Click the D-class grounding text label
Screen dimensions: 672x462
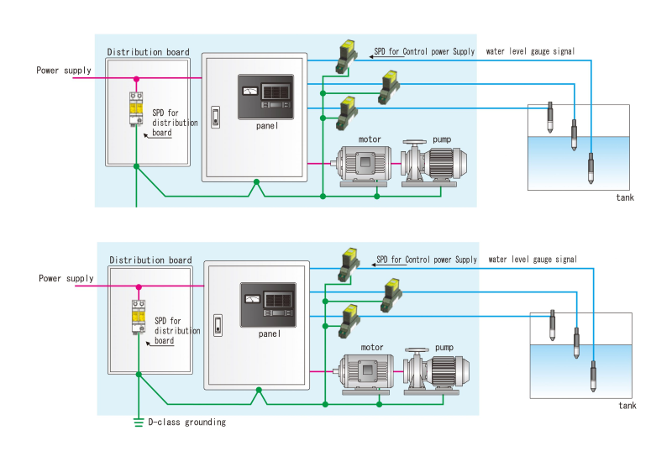[x=186, y=423]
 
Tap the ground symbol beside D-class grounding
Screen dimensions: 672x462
[x=139, y=423]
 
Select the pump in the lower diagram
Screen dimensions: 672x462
[x=436, y=370]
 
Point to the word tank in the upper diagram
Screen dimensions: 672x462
[x=625, y=197]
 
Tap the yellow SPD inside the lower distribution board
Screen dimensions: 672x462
[x=139, y=317]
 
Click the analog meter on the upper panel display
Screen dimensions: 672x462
[x=249, y=91]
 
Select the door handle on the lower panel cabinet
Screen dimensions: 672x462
[x=218, y=325]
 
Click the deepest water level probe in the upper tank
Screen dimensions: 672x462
[x=591, y=168]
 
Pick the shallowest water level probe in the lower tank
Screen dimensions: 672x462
[x=553, y=325]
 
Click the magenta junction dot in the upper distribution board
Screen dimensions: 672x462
[x=136, y=79]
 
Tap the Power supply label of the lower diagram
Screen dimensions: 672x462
[x=66, y=279]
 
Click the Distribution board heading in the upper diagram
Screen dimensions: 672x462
[x=149, y=52]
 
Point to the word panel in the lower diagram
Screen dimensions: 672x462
[x=269, y=333]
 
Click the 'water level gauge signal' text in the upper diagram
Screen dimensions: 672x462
[x=530, y=51]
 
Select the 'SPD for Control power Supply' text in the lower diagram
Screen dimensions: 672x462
[x=427, y=260]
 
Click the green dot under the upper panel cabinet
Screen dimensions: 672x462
[x=256, y=181]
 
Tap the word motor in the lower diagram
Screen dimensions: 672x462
[x=372, y=347]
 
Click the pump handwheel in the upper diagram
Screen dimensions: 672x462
[x=414, y=142]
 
